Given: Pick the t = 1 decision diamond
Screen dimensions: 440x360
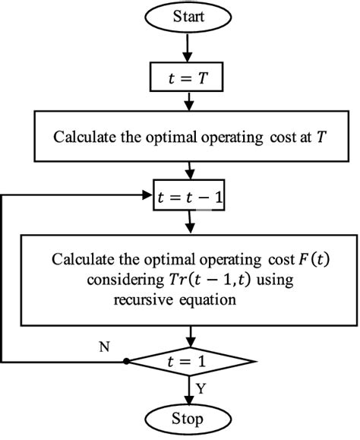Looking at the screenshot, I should (x=189, y=362).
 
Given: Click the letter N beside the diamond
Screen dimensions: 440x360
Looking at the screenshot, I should (x=104, y=348).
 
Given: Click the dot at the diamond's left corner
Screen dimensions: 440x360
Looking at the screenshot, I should (x=125, y=362).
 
